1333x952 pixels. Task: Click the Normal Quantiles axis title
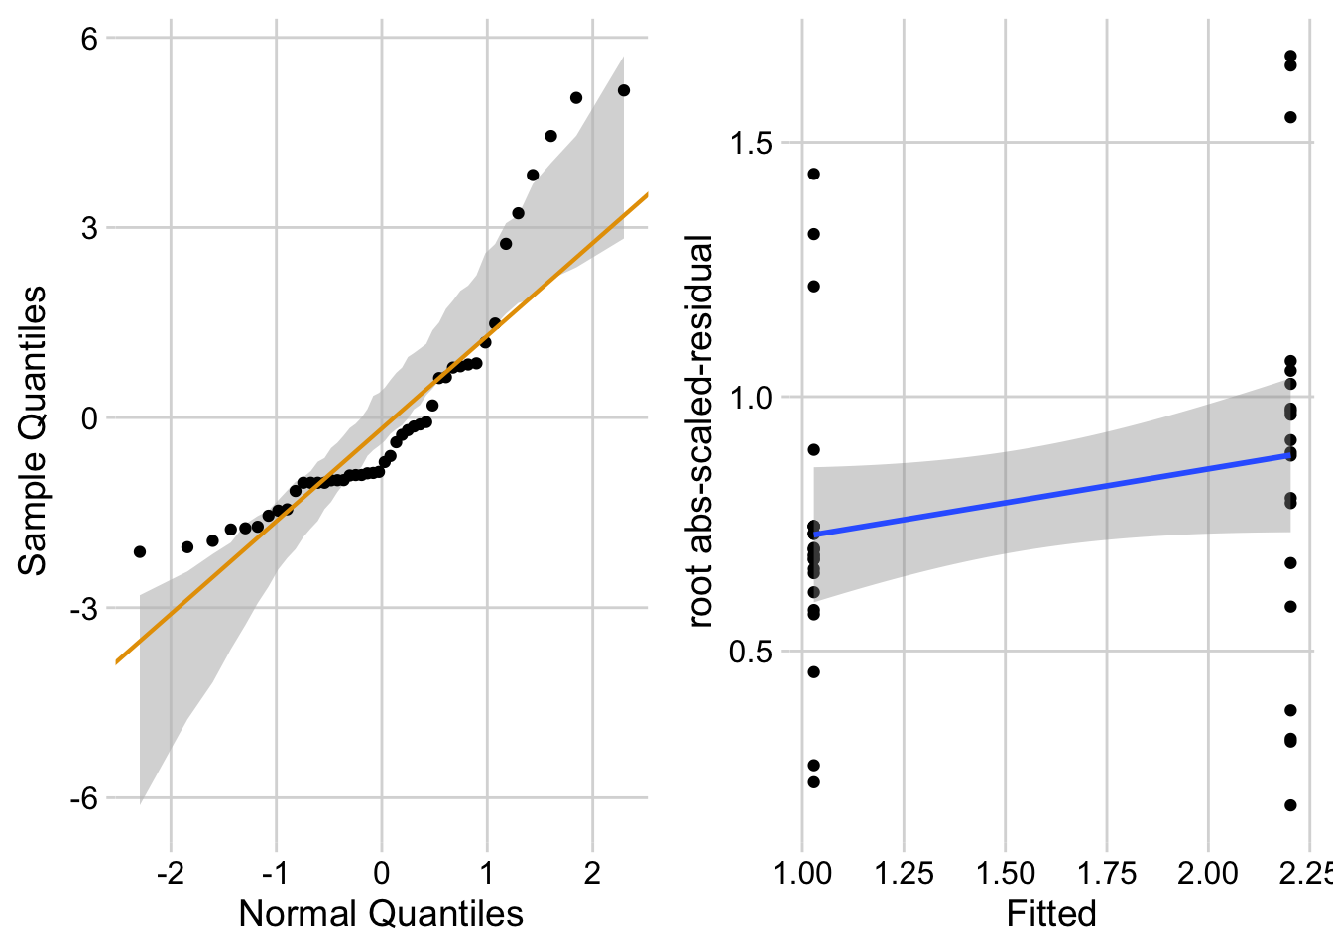tap(381, 913)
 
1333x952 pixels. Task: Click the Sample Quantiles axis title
tap(33, 430)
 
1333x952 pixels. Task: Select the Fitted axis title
tap(1051, 913)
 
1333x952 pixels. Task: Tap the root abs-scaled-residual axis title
tap(700, 431)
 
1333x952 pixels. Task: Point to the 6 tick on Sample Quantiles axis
tap(89, 39)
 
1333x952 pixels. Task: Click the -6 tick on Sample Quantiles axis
tap(83, 798)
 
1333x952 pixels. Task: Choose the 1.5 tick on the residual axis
tap(750, 143)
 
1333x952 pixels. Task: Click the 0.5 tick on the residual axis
tap(750, 652)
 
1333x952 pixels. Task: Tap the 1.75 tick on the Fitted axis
tap(1106, 874)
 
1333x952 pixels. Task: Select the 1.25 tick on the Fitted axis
tap(904, 874)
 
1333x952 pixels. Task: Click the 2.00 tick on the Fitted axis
tap(1207, 874)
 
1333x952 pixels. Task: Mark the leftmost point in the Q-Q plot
tap(140, 551)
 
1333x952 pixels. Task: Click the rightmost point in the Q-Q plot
tap(624, 90)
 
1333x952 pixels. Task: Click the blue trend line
tap(1051, 494)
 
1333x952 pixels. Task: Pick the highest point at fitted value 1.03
tap(814, 175)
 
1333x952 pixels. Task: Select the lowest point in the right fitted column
tap(1290, 805)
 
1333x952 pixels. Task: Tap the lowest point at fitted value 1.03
tap(814, 782)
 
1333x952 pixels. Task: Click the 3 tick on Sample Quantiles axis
tap(89, 228)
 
